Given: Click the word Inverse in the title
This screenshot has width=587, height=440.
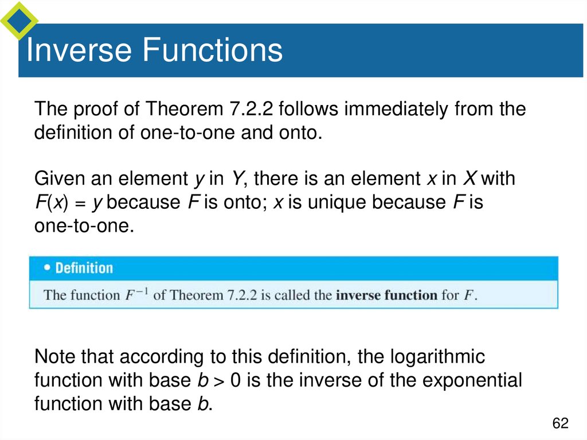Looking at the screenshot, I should pos(79,50).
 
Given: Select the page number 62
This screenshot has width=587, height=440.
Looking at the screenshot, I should pos(560,424).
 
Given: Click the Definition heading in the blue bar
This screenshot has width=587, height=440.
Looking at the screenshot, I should pos(84,268).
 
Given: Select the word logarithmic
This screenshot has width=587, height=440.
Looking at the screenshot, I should pos(437,357).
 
